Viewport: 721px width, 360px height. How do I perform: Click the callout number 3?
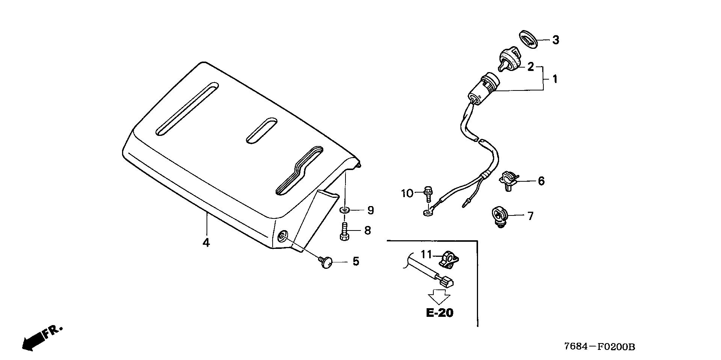click(x=555, y=40)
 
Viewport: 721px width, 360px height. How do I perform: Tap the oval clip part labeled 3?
click(x=530, y=39)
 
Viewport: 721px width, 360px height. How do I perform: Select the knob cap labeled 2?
click(x=508, y=62)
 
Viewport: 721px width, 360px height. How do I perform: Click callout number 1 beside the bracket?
click(x=555, y=79)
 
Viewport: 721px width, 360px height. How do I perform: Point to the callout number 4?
click(x=206, y=243)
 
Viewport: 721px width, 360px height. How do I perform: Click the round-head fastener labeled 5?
click(x=326, y=261)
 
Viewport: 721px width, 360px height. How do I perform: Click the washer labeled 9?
click(x=344, y=209)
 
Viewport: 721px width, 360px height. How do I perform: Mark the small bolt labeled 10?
click(x=427, y=192)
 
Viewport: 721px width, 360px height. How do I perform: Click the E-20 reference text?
click(x=440, y=312)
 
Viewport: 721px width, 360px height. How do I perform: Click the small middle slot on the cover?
click(x=262, y=131)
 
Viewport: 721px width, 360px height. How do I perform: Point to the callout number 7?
click(x=530, y=216)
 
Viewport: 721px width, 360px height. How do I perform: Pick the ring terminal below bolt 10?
click(x=427, y=213)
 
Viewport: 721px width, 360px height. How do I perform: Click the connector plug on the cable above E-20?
click(x=447, y=281)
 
